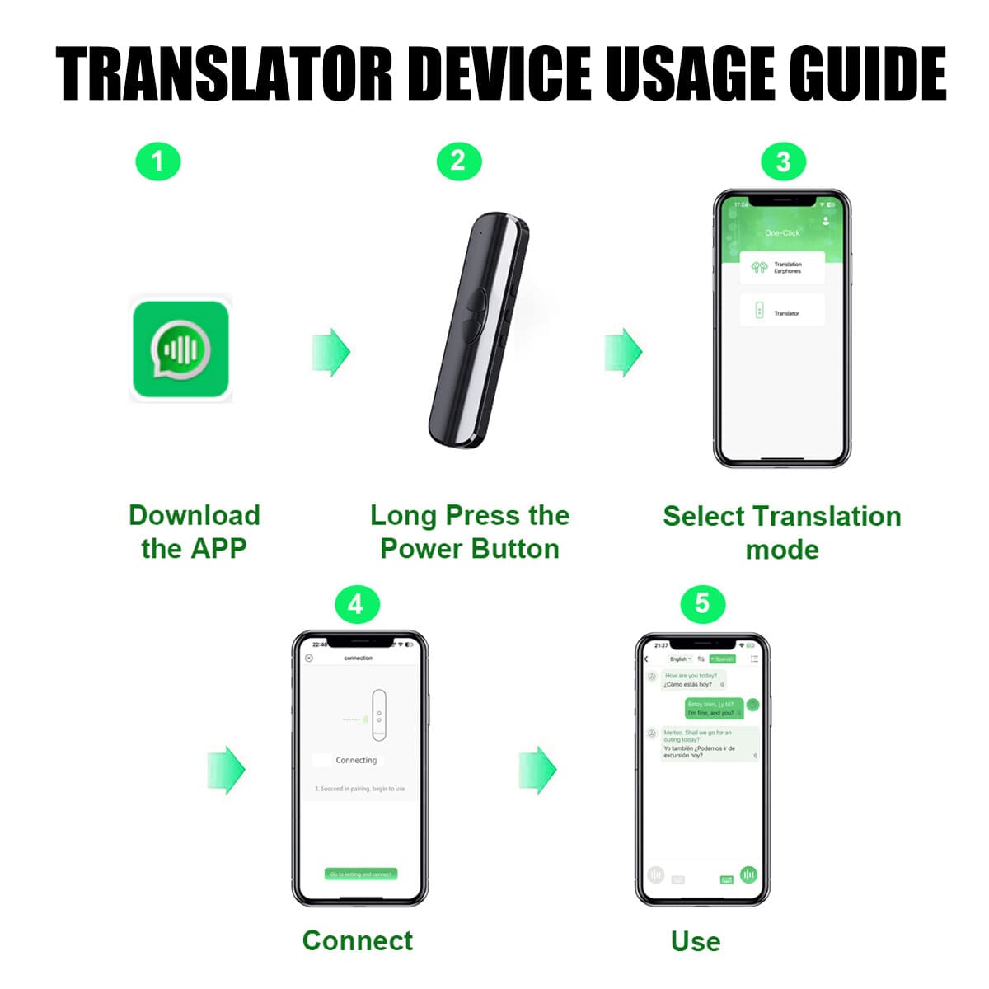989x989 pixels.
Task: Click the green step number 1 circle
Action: pyautogui.click(x=157, y=162)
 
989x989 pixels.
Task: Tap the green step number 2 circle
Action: pyautogui.click(x=458, y=162)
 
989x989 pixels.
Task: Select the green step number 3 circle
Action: pyautogui.click(x=783, y=162)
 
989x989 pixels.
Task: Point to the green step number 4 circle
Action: pyautogui.click(x=356, y=605)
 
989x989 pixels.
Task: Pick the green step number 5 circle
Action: pyautogui.click(x=702, y=604)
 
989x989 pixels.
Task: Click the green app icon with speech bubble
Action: pyautogui.click(x=180, y=350)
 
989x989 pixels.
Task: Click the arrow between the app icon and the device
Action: pyautogui.click(x=331, y=352)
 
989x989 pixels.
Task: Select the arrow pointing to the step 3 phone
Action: pyautogui.click(x=623, y=352)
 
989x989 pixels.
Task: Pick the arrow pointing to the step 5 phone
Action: pyautogui.click(x=537, y=770)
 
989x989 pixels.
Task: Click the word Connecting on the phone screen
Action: pyautogui.click(x=356, y=760)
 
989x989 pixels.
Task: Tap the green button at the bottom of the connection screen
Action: pyautogui.click(x=361, y=874)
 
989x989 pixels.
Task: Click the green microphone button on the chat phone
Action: pyautogui.click(x=748, y=874)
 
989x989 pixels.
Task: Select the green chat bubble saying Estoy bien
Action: pyautogui.click(x=714, y=709)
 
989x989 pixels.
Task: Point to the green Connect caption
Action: pyautogui.click(x=358, y=940)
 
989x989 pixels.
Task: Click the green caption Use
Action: pyautogui.click(x=696, y=941)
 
